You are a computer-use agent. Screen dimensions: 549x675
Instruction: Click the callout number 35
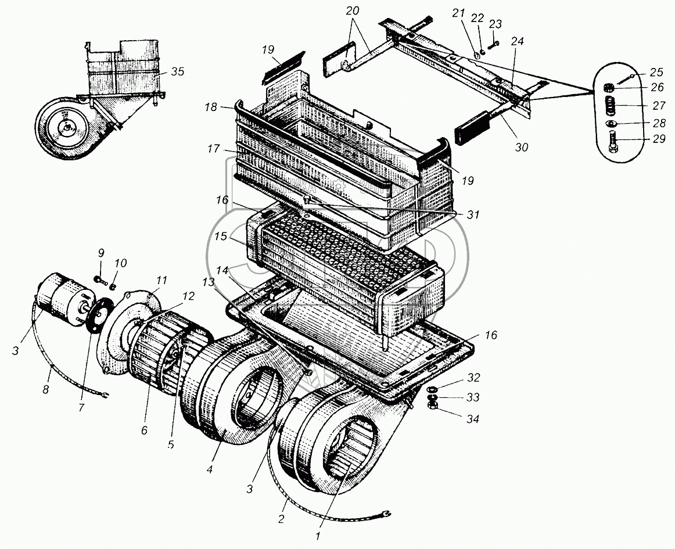pos(178,72)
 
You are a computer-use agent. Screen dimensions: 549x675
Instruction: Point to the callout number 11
pos(161,280)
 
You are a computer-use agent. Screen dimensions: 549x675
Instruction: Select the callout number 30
pos(521,147)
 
